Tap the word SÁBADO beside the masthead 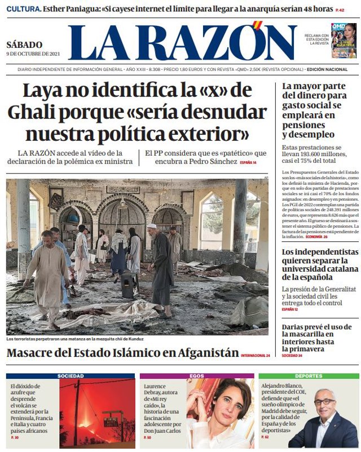24,45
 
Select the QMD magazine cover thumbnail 344,41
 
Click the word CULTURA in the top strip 23,10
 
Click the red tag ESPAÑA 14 248,162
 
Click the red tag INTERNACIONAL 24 256,355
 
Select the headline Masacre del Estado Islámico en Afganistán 122,353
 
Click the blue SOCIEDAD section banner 71,376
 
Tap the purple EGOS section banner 197,376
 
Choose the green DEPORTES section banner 309,376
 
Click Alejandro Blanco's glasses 324,402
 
